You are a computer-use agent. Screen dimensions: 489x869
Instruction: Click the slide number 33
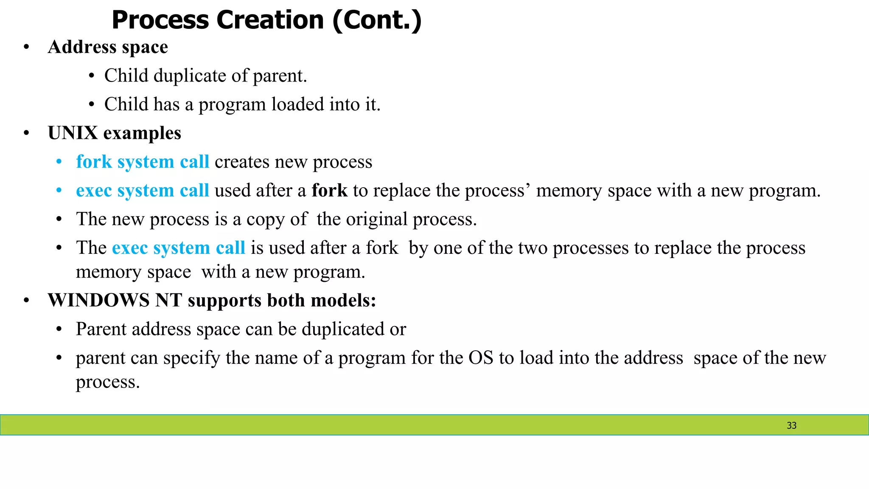(x=791, y=425)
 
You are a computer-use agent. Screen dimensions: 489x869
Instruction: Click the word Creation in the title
(x=270, y=20)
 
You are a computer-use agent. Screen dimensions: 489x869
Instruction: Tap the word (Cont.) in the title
(x=377, y=20)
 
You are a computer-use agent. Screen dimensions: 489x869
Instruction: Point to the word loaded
(x=297, y=104)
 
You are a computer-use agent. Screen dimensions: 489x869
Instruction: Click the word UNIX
(x=73, y=133)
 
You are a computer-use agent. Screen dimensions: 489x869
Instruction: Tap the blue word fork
(x=94, y=162)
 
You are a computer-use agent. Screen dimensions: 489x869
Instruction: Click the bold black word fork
(x=329, y=191)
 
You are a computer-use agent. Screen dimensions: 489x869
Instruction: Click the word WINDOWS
(x=98, y=301)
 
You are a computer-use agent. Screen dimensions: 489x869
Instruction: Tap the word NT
(x=168, y=301)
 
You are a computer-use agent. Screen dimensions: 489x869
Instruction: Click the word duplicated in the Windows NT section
(x=342, y=329)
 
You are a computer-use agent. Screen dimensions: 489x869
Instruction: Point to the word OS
(x=480, y=358)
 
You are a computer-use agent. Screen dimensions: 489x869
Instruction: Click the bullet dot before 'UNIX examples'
(x=26, y=133)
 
